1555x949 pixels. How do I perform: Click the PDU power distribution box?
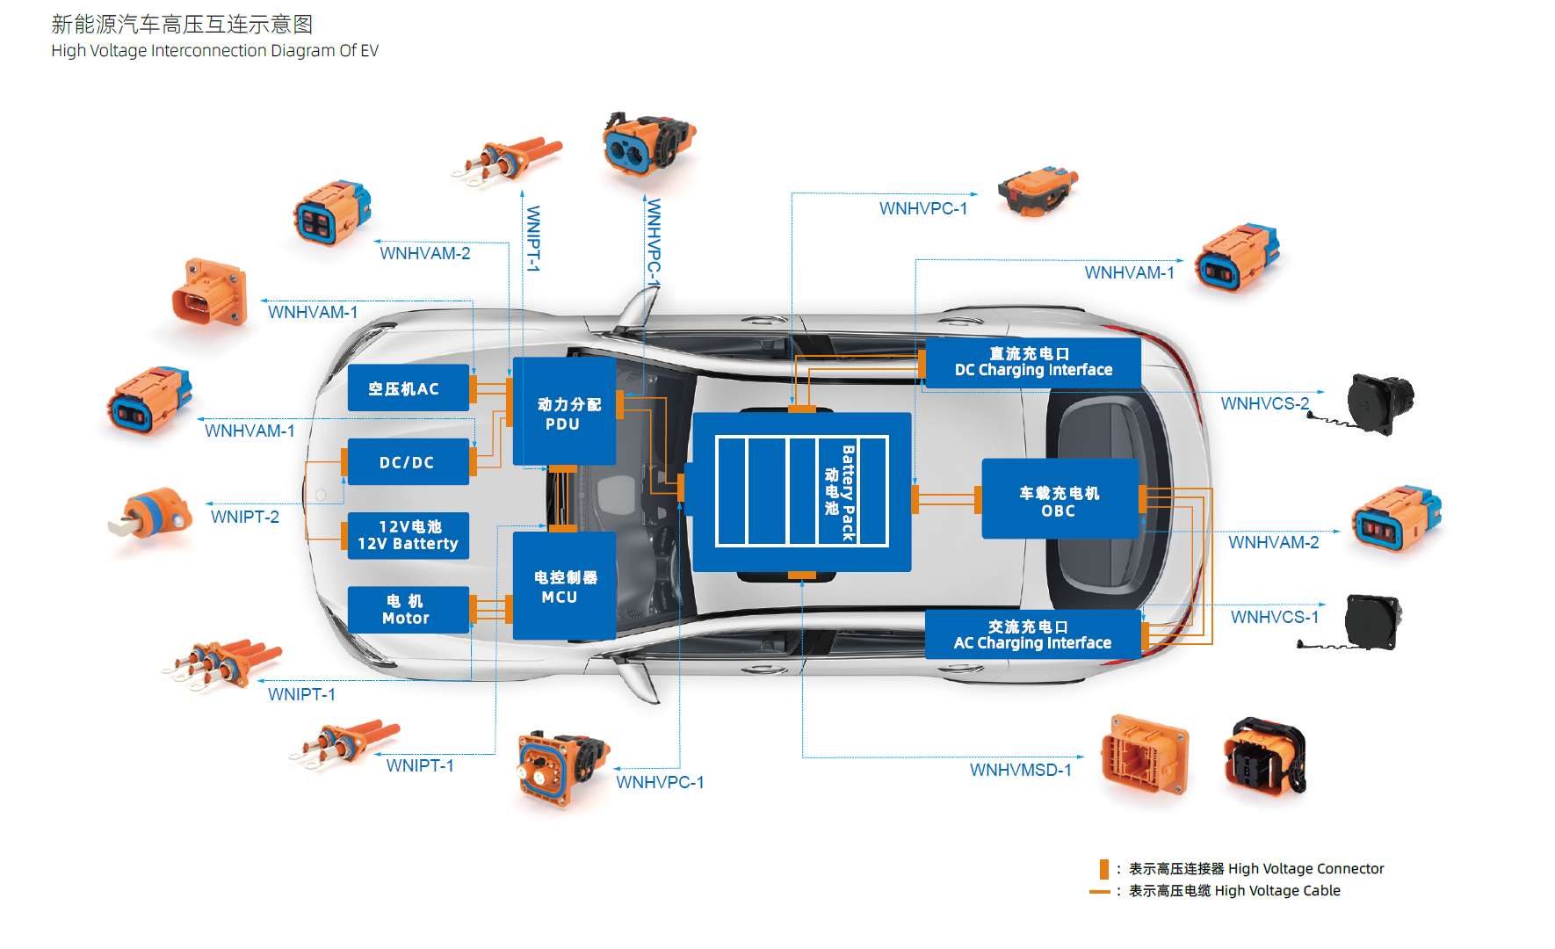[564, 412]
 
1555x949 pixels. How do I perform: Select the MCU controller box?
[564, 586]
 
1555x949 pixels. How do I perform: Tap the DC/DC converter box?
[408, 462]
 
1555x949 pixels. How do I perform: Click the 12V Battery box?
[408, 535]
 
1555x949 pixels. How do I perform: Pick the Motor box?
[408, 609]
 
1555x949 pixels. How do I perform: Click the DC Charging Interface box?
[1032, 362]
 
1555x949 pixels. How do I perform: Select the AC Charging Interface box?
[1032, 634]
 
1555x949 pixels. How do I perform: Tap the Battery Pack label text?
[847, 492]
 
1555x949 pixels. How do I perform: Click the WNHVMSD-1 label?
[1020, 771]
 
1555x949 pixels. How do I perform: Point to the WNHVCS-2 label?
[1264, 404]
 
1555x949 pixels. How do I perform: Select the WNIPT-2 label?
[245, 518]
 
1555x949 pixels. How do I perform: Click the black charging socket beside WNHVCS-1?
[1371, 620]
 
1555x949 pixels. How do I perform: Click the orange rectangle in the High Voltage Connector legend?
[1104, 869]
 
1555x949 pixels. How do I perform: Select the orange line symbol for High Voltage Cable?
[1099, 892]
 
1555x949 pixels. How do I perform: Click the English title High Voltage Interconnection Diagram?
[214, 51]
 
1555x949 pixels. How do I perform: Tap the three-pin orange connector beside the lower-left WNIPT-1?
[224, 663]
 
